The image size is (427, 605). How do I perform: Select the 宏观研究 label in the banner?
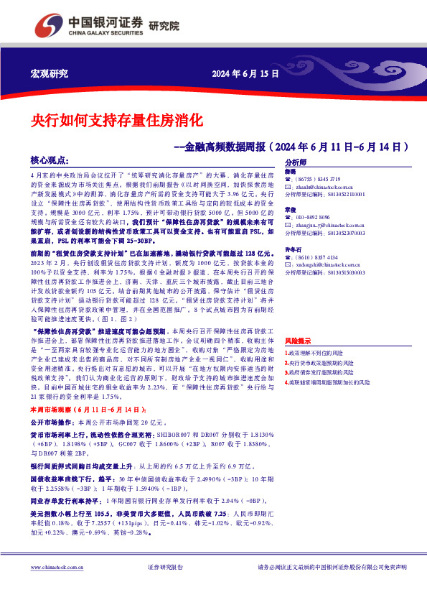[x=50, y=74]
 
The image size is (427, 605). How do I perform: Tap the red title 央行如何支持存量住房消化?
[x=118, y=119]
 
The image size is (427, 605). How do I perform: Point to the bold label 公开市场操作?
[x=53, y=443]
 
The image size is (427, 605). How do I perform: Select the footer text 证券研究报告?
[x=165, y=568]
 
